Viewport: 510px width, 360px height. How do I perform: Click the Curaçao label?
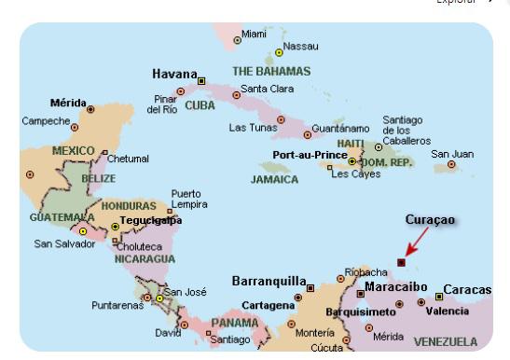tap(431, 219)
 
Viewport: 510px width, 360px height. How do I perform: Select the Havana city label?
tap(175, 74)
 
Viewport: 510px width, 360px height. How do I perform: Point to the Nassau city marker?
tap(278, 53)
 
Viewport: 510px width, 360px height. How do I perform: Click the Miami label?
tap(254, 34)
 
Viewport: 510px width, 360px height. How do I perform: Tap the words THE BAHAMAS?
tap(269, 71)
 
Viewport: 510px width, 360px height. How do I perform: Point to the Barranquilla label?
tap(269, 281)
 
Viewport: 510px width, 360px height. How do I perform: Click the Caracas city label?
tap(467, 290)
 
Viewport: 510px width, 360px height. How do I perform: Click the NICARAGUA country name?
tap(145, 258)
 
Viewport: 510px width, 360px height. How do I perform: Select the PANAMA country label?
tap(234, 323)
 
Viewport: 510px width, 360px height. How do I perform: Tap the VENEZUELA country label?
tap(445, 341)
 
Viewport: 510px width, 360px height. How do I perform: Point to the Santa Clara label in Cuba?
tap(268, 90)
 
